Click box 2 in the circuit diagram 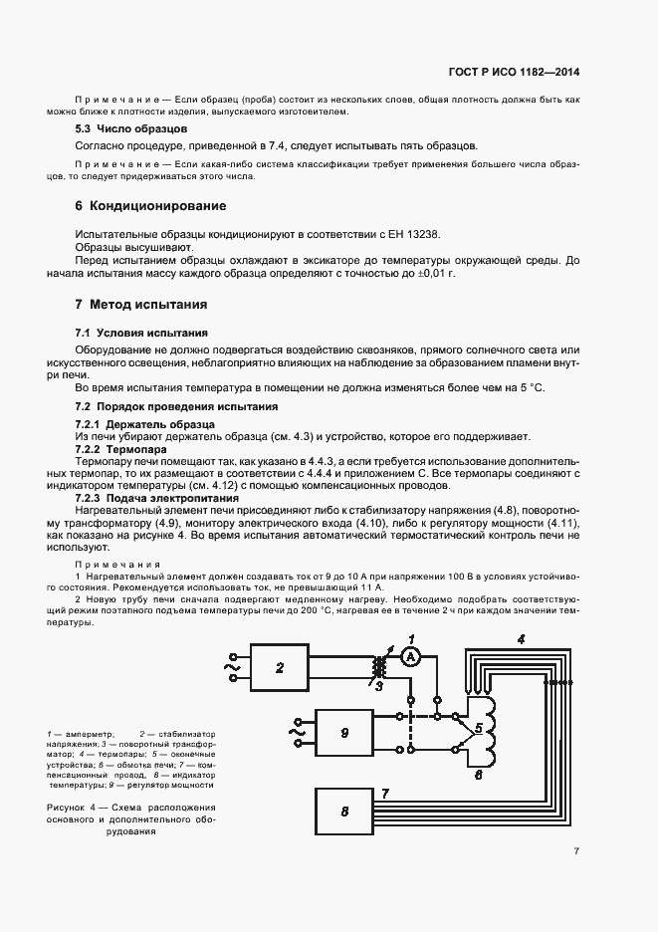[x=280, y=667]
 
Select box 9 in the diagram [x=343, y=732]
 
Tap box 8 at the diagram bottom [x=343, y=811]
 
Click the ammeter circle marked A [x=410, y=655]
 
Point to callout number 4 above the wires [x=521, y=638]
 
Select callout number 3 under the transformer [x=378, y=686]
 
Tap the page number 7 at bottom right [x=576, y=850]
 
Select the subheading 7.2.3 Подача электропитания [x=157, y=497]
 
